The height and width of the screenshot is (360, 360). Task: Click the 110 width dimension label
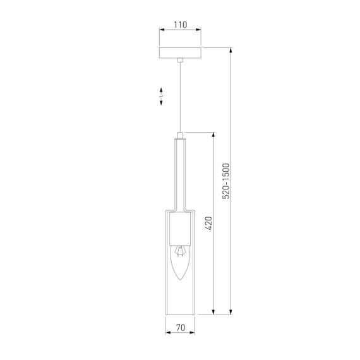point(180,25)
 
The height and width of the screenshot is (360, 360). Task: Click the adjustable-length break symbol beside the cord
point(161,96)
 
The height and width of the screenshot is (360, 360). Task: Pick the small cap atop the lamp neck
point(180,135)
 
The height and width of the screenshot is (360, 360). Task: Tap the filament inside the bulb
point(180,251)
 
